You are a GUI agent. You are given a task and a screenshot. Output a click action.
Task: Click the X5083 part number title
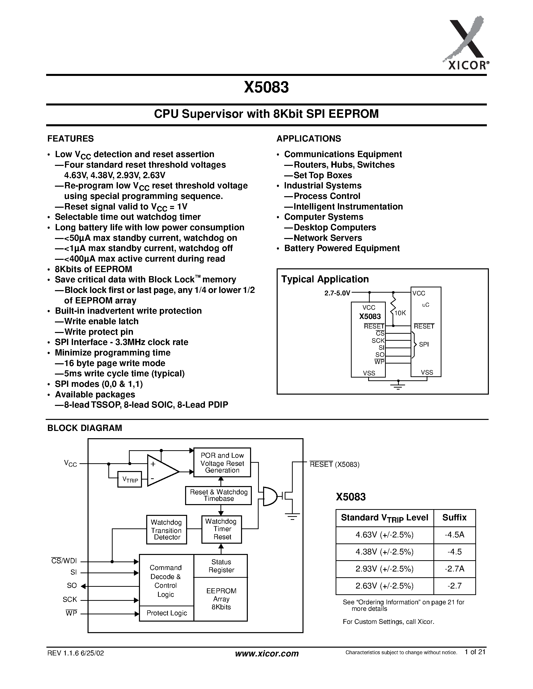pos(266,87)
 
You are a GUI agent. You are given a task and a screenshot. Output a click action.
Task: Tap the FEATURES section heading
pos(70,139)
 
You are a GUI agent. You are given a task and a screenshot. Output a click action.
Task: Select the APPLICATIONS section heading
pos(309,139)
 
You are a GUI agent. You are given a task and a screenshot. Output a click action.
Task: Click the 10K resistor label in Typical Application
pos(400,313)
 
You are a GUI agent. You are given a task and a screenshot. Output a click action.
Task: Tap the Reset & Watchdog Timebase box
pos(218,495)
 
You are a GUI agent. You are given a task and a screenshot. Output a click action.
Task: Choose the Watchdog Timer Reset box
pos(222,529)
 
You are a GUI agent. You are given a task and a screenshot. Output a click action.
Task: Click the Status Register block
pos(221,566)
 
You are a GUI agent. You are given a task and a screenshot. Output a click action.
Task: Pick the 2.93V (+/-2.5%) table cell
pos(384,569)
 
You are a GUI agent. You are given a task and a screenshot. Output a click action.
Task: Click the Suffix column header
pos(454,517)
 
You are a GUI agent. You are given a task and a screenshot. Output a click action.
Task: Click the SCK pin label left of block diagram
pos(70,599)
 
